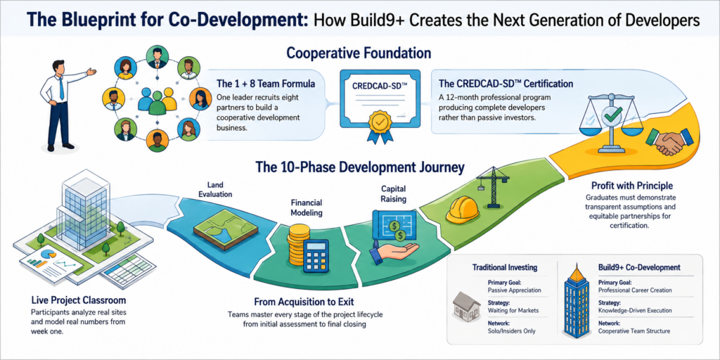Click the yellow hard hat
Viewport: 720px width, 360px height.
click(x=463, y=210)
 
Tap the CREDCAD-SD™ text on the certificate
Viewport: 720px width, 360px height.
click(x=379, y=85)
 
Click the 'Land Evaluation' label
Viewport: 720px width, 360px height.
click(x=215, y=190)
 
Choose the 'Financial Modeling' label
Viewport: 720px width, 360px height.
click(x=307, y=207)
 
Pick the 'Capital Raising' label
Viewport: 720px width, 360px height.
click(x=394, y=194)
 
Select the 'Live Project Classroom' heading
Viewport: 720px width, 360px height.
click(x=79, y=301)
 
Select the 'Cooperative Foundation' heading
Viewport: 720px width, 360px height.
click(x=359, y=53)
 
